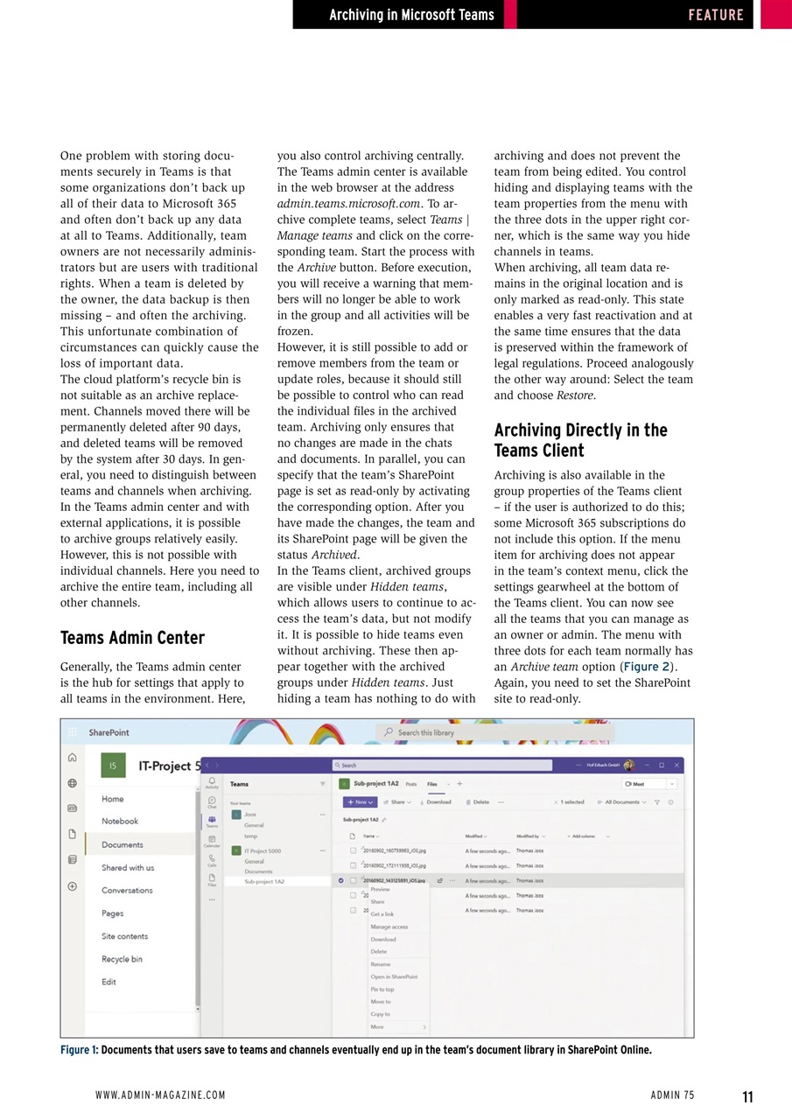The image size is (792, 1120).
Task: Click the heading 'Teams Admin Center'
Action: [132, 638]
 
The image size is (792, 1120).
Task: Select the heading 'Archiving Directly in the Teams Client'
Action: [580, 440]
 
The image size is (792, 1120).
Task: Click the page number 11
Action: [746, 1097]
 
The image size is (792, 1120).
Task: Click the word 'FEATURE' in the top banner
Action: [715, 15]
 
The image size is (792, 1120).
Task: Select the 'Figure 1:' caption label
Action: [79, 1050]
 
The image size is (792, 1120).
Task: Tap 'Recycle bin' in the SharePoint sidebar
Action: [122, 959]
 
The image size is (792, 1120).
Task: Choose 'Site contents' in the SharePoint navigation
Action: [124, 936]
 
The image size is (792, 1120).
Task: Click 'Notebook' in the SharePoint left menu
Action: [119, 821]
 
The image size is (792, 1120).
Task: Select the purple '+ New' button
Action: [360, 801]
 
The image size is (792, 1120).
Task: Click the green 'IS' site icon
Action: [113, 766]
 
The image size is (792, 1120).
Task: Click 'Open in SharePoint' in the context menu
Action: [394, 976]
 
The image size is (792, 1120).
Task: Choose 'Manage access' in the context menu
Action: [389, 927]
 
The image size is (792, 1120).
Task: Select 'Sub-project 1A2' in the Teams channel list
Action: [263, 882]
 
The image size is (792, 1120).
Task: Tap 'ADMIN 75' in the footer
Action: [672, 1095]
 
